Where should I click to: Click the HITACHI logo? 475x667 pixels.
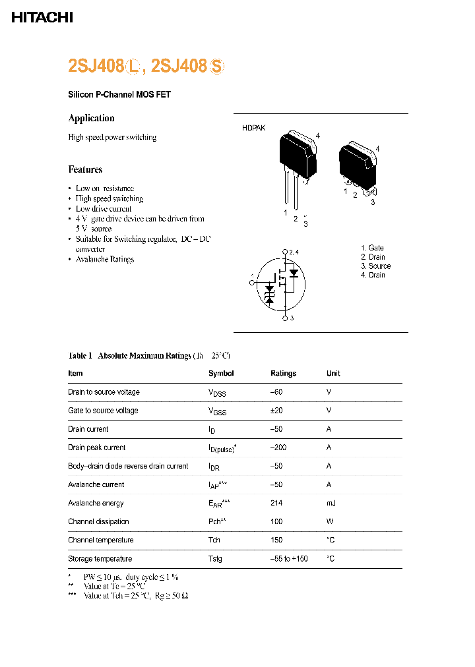(42, 18)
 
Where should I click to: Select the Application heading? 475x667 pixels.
(91, 118)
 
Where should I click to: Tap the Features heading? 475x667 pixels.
(85, 169)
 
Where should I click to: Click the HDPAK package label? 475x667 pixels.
(253, 128)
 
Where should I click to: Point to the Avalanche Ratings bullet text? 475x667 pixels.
(104, 259)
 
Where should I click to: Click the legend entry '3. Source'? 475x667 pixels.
(375, 266)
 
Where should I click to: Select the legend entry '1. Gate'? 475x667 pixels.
(372, 248)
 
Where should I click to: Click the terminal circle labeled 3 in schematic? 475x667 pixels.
(285, 318)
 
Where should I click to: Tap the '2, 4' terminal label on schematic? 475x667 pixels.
(294, 252)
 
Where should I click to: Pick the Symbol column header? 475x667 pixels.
(221, 373)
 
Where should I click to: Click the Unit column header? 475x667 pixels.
(333, 373)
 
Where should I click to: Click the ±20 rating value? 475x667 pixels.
(276, 411)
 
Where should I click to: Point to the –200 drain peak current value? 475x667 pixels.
(278, 448)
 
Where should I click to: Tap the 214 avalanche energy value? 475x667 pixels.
(276, 503)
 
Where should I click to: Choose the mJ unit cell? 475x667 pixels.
(331, 503)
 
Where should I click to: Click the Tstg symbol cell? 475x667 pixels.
(215, 559)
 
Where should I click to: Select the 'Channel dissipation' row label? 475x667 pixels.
(98, 521)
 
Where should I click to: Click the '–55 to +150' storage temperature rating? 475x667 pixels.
(289, 559)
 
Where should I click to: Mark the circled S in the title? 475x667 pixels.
(217, 66)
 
